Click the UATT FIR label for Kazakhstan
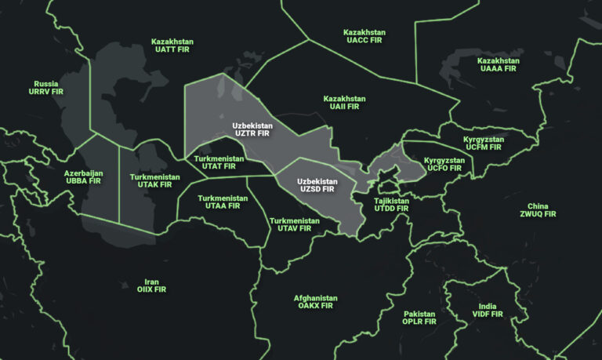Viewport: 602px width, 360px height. (172, 45)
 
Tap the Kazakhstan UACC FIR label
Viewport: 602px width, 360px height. (364, 37)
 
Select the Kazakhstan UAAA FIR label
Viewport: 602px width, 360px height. (499, 65)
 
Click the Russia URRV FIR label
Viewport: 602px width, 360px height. (46, 87)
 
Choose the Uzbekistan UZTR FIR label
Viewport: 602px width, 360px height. (252, 129)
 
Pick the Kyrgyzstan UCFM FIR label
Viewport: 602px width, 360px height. (483, 143)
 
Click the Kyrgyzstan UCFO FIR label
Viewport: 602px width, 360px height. (444, 164)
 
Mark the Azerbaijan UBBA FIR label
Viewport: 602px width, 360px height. (84, 176)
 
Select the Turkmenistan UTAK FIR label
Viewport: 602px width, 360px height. (150, 181)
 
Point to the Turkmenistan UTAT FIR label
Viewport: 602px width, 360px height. (219, 162)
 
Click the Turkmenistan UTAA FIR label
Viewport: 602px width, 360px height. (223, 202)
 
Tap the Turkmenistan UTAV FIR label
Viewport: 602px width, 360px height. (295, 224)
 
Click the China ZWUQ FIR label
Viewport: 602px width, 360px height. (538, 210)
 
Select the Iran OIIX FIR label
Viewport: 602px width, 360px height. (152, 285)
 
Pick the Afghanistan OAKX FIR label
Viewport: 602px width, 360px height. (316, 302)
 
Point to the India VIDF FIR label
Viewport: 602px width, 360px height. (488, 311)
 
